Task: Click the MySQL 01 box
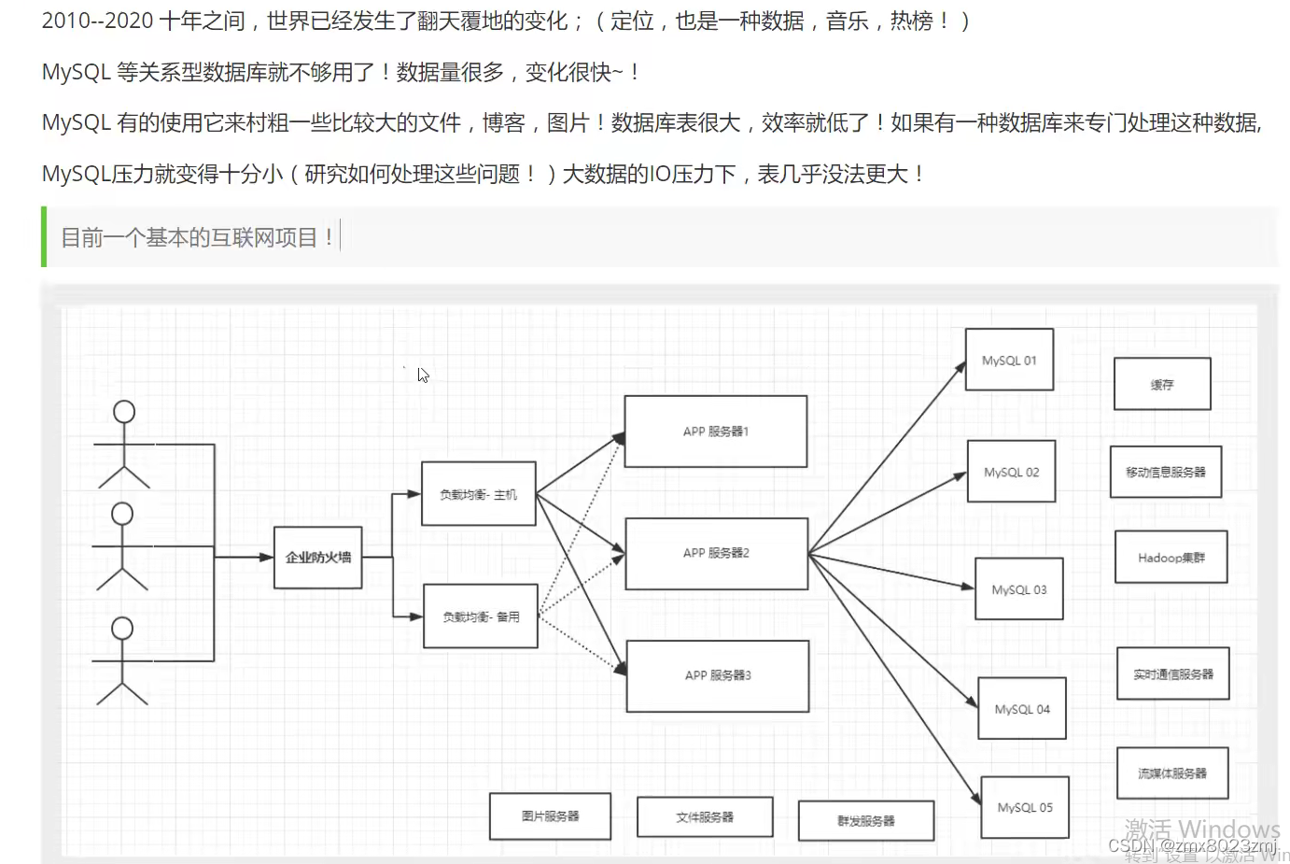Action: pyautogui.click(x=1009, y=360)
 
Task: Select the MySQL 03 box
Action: pyautogui.click(x=1018, y=589)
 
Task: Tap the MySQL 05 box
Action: pyautogui.click(x=1025, y=807)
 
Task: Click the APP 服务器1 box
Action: pyautogui.click(x=715, y=432)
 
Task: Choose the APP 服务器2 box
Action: pyautogui.click(x=716, y=553)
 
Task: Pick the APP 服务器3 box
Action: pyautogui.click(x=717, y=675)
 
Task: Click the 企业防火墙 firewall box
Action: pyautogui.click(x=317, y=557)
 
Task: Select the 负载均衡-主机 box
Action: pyautogui.click(x=478, y=494)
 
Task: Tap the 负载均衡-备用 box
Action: pyautogui.click(x=481, y=616)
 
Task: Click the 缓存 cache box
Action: pyautogui.click(x=1162, y=384)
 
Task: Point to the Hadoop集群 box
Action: pyautogui.click(x=1171, y=558)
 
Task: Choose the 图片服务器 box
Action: pyautogui.click(x=550, y=816)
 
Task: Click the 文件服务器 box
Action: pyautogui.click(x=705, y=817)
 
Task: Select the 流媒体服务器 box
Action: pyautogui.click(x=1171, y=773)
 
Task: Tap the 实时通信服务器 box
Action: pyautogui.click(x=1173, y=673)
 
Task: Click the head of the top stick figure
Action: pyautogui.click(x=124, y=412)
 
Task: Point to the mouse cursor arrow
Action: pyautogui.click(x=422, y=374)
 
